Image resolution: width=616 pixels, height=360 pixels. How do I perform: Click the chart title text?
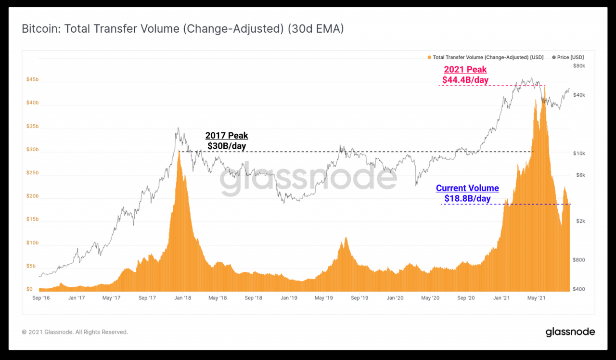pos(182,29)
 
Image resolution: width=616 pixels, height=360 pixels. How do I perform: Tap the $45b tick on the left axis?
pos(32,80)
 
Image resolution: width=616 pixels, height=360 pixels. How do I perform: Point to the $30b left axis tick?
pos(32,150)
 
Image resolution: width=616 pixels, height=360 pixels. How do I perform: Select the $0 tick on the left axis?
pos(29,289)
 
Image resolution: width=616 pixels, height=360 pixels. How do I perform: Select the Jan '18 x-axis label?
pos(182,298)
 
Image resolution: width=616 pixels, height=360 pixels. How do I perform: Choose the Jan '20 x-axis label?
pos(395,298)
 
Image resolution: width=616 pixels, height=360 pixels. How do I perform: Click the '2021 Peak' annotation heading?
pos(465,70)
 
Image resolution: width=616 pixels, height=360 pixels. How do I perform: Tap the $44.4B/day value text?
pos(465,80)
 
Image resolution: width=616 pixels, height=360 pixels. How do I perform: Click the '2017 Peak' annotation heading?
pos(227,136)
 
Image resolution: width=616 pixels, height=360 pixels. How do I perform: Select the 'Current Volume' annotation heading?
pos(467,188)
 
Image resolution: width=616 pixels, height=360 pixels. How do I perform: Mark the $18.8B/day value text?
pos(467,198)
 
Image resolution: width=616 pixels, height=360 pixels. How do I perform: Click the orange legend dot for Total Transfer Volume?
pos(429,57)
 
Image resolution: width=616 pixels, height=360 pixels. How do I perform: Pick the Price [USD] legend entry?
pos(570,57)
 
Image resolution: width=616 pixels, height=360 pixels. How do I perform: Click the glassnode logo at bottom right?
pos(570,332)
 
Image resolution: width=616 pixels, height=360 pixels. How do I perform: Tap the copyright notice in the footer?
pos(75,332)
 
